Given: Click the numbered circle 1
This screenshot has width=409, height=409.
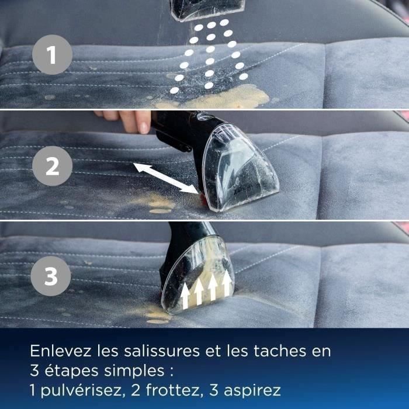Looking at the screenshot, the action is click(x=52, y=55).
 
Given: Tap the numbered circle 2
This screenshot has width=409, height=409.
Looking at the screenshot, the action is click(x=52, y=166).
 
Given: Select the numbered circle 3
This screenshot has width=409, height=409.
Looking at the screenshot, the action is click(x=51, y=276).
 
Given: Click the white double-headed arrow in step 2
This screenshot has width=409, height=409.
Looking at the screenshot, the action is click(x=166, y=178).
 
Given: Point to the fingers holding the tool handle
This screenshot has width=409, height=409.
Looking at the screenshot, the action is click(x=125, y=119).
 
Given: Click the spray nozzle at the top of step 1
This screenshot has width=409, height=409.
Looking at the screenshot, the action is click(x=207, y=10).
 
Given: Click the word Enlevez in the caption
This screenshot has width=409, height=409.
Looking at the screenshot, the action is click(x=61, y=351).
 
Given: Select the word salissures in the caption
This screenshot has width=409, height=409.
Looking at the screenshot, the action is click(x=162, y=351).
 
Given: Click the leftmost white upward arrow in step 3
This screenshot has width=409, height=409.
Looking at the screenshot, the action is click(x=185, y=296).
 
